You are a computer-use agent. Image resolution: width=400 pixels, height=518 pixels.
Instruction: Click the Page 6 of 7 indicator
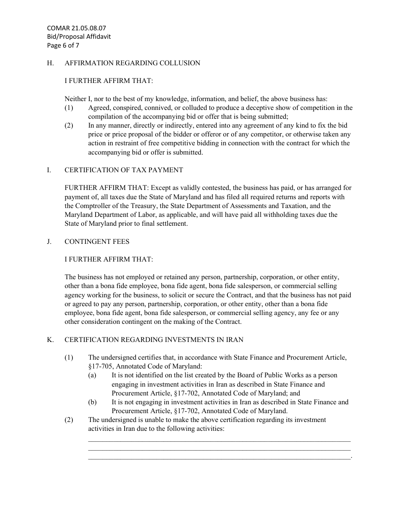pyautogui.click(x=63, y=45)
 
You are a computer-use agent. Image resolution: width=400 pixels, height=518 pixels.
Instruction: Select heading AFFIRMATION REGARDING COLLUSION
pyautogui.click(x=132, y=63)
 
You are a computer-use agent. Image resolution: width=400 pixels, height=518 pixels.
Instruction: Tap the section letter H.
pyautogui.click(x=50, y=63)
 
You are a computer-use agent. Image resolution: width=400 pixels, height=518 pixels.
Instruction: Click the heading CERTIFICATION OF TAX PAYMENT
pyautogui.click(x=124, y=170)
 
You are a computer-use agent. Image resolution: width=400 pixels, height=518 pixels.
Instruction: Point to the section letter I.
pyautogui.click(x=49, y=170)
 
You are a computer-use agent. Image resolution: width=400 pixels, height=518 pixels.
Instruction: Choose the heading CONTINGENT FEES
pyautogui.click(x=97, y=242)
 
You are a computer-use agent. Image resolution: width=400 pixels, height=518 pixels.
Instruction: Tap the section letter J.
pyautogui.click(x=49, y=242)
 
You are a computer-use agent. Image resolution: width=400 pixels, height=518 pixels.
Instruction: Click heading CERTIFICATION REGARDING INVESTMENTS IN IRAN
pyautogui.click(x=154, y=339)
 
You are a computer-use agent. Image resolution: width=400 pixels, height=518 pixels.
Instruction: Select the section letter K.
pyautogui.click(x=50, y=339)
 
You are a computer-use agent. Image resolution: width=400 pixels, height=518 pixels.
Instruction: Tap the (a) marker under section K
pyautogui.click(x=92, y=375)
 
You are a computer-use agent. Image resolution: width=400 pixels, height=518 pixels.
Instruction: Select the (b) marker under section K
pyautogui.click(x=92, y=402)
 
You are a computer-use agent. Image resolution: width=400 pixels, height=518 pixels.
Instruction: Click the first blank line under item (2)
pyautogui.click(x=219, y=440)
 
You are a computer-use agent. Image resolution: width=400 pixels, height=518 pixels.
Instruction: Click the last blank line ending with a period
pyautogui.click(x=219, y=458)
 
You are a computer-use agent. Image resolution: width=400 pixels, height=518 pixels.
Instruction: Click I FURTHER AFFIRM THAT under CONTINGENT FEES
pyautogui.click(x=109, y=259)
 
